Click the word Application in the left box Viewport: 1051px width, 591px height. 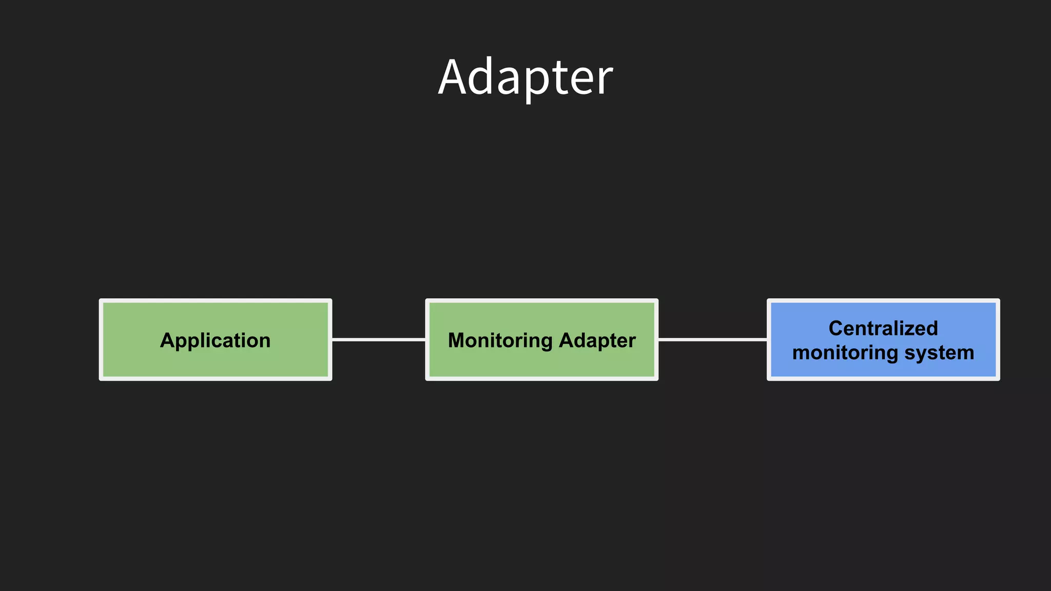[215, 341]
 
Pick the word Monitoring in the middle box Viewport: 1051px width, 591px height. [500, 341]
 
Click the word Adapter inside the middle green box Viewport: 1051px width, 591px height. [597, 341]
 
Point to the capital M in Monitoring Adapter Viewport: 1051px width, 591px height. [456, 341]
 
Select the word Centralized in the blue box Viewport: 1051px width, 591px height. [883, 328]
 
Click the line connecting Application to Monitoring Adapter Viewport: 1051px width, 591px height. [379, 340]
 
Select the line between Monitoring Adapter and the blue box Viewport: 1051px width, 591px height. [712, 340]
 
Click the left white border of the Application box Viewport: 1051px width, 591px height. [101, 340]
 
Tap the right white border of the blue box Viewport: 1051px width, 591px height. [998, 340]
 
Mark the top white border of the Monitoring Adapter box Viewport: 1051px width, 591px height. [541, 301]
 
